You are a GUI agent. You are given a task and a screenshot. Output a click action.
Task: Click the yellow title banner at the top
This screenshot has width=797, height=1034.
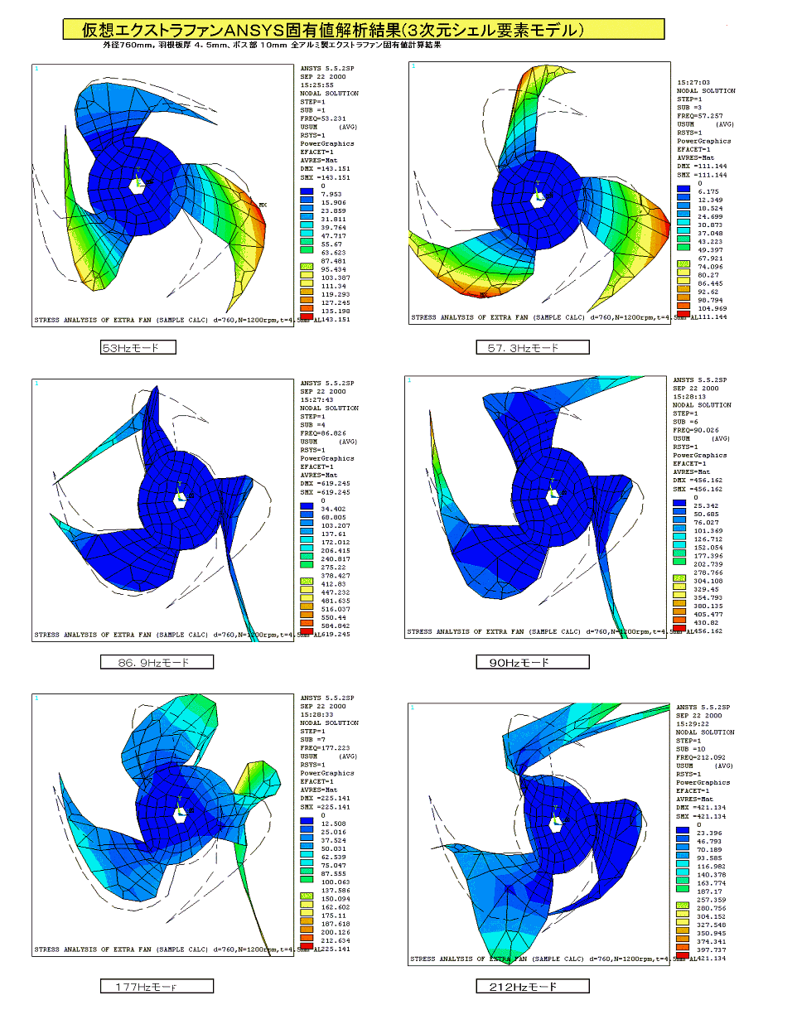point(364,30)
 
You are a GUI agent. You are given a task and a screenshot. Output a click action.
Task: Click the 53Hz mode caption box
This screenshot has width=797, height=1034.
point(138,348)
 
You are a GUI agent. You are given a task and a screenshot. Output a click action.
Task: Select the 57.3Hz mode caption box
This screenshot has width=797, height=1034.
point(533,348)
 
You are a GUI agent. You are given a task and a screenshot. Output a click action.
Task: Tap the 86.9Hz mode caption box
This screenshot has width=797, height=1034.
point(157,663)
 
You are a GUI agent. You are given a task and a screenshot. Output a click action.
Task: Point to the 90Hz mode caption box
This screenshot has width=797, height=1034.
point(533,663)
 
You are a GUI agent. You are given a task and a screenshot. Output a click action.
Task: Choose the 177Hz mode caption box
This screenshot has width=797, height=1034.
point(157,987)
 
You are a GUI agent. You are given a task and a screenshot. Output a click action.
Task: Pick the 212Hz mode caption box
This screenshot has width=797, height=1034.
point(533,987)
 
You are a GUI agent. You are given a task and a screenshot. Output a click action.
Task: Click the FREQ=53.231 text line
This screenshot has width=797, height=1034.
point(323,118)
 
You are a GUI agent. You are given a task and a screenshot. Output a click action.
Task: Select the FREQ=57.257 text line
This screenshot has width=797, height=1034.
point(700,116)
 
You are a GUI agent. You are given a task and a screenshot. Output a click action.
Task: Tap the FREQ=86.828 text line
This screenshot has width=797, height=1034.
point(323,433)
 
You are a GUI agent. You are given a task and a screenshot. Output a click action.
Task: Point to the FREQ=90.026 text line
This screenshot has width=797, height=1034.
point(696,430)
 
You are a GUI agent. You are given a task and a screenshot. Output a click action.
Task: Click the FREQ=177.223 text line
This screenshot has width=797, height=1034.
point(325,748)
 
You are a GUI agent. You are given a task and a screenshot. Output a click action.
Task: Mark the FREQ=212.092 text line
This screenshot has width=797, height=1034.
point(700,757)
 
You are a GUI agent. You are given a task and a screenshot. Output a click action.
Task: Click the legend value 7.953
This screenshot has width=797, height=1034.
point(331,195)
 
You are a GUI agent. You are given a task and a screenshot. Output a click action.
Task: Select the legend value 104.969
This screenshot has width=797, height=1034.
point(712,308)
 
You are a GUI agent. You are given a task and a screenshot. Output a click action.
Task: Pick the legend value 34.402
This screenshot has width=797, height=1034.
point(334,510)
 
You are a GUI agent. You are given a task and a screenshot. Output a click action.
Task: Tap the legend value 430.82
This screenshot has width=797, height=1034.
point(706,623)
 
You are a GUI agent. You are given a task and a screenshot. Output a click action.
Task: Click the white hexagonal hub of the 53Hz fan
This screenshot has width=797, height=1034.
point(138,186)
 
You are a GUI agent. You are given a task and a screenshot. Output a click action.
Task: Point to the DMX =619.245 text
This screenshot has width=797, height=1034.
point(326,484)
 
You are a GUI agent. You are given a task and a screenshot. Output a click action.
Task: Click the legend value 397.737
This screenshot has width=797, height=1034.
point(711,950)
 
